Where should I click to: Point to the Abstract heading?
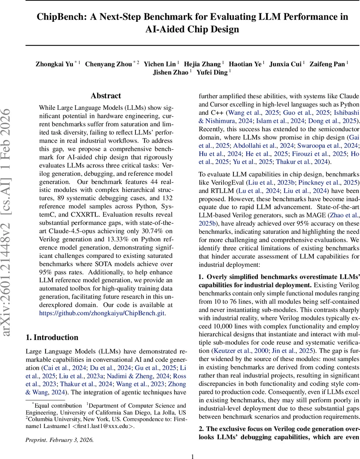(106, 96)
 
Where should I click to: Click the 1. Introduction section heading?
(52, 337)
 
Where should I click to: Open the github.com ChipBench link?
(103, 313)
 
